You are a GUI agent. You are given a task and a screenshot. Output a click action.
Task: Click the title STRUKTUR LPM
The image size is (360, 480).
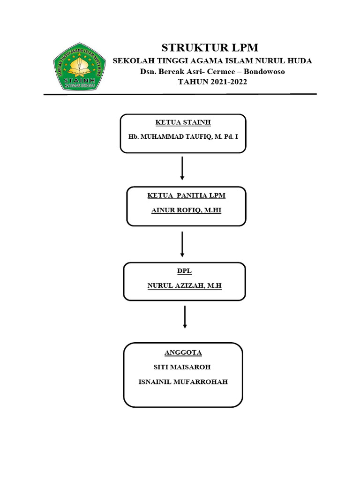[210, 48]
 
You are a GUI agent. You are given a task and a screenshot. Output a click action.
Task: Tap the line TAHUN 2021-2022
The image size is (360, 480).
[212, 82]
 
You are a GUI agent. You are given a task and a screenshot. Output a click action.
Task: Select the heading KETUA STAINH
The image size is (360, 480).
[183, 123]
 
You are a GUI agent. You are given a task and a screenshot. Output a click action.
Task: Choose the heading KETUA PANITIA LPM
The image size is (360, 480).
[186, 195]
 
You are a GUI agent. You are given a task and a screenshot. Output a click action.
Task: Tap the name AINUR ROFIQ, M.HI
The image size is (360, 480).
[186, 210]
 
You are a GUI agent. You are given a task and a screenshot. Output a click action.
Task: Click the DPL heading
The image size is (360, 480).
[184, 271]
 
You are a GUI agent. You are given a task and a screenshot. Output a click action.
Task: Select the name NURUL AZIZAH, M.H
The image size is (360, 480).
[184, 285]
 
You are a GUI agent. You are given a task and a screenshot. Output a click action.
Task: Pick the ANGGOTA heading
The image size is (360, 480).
[183, 352]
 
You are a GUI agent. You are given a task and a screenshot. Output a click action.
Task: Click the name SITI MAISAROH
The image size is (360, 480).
[183, 367]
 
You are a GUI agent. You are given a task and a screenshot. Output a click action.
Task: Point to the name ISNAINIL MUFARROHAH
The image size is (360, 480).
[183, 382]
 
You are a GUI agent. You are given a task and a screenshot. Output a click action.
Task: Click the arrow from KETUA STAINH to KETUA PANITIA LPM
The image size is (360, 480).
[182, 168]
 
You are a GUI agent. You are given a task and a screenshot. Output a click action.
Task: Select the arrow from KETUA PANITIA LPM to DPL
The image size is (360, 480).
[182, 244]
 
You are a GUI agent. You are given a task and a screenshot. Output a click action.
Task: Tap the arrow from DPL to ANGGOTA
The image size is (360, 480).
[185, 317]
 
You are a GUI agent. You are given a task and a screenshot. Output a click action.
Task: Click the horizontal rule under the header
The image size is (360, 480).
[180, 94]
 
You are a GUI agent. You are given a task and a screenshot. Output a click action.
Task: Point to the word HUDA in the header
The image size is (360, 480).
[300, 61]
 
